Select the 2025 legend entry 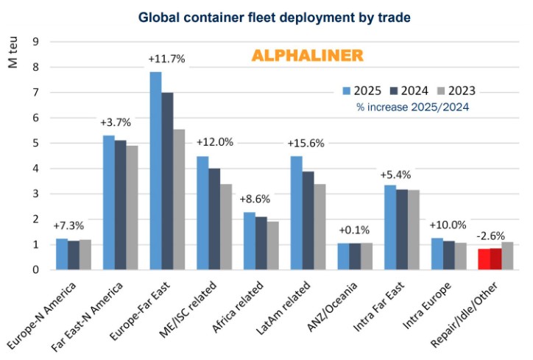point(361,91)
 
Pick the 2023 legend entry point(454,91)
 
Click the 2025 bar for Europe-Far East point(155,171)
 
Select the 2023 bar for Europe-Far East point(179,200)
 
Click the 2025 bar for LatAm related point(296,213)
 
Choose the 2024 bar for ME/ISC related point(213,219)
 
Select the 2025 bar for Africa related point(250,241)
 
